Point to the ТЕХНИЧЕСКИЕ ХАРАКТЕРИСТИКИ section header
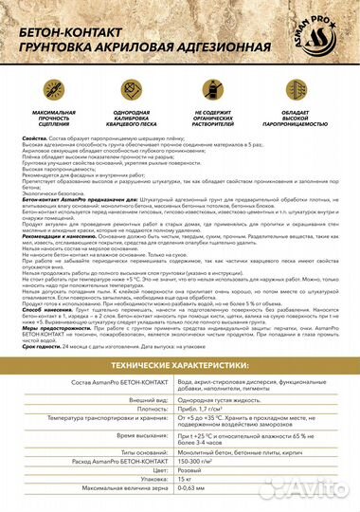click(x=180, y=338)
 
